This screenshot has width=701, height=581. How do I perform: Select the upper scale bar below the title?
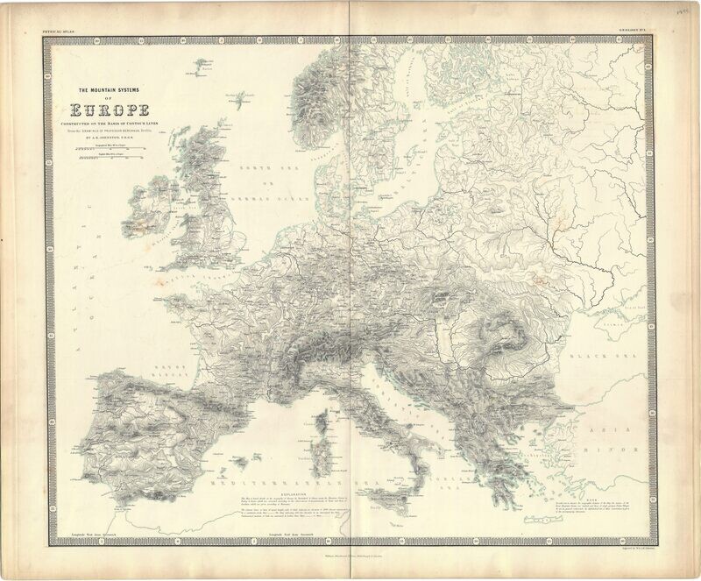pos(110,151)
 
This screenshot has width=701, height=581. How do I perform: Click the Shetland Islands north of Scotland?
pos(234,98)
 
